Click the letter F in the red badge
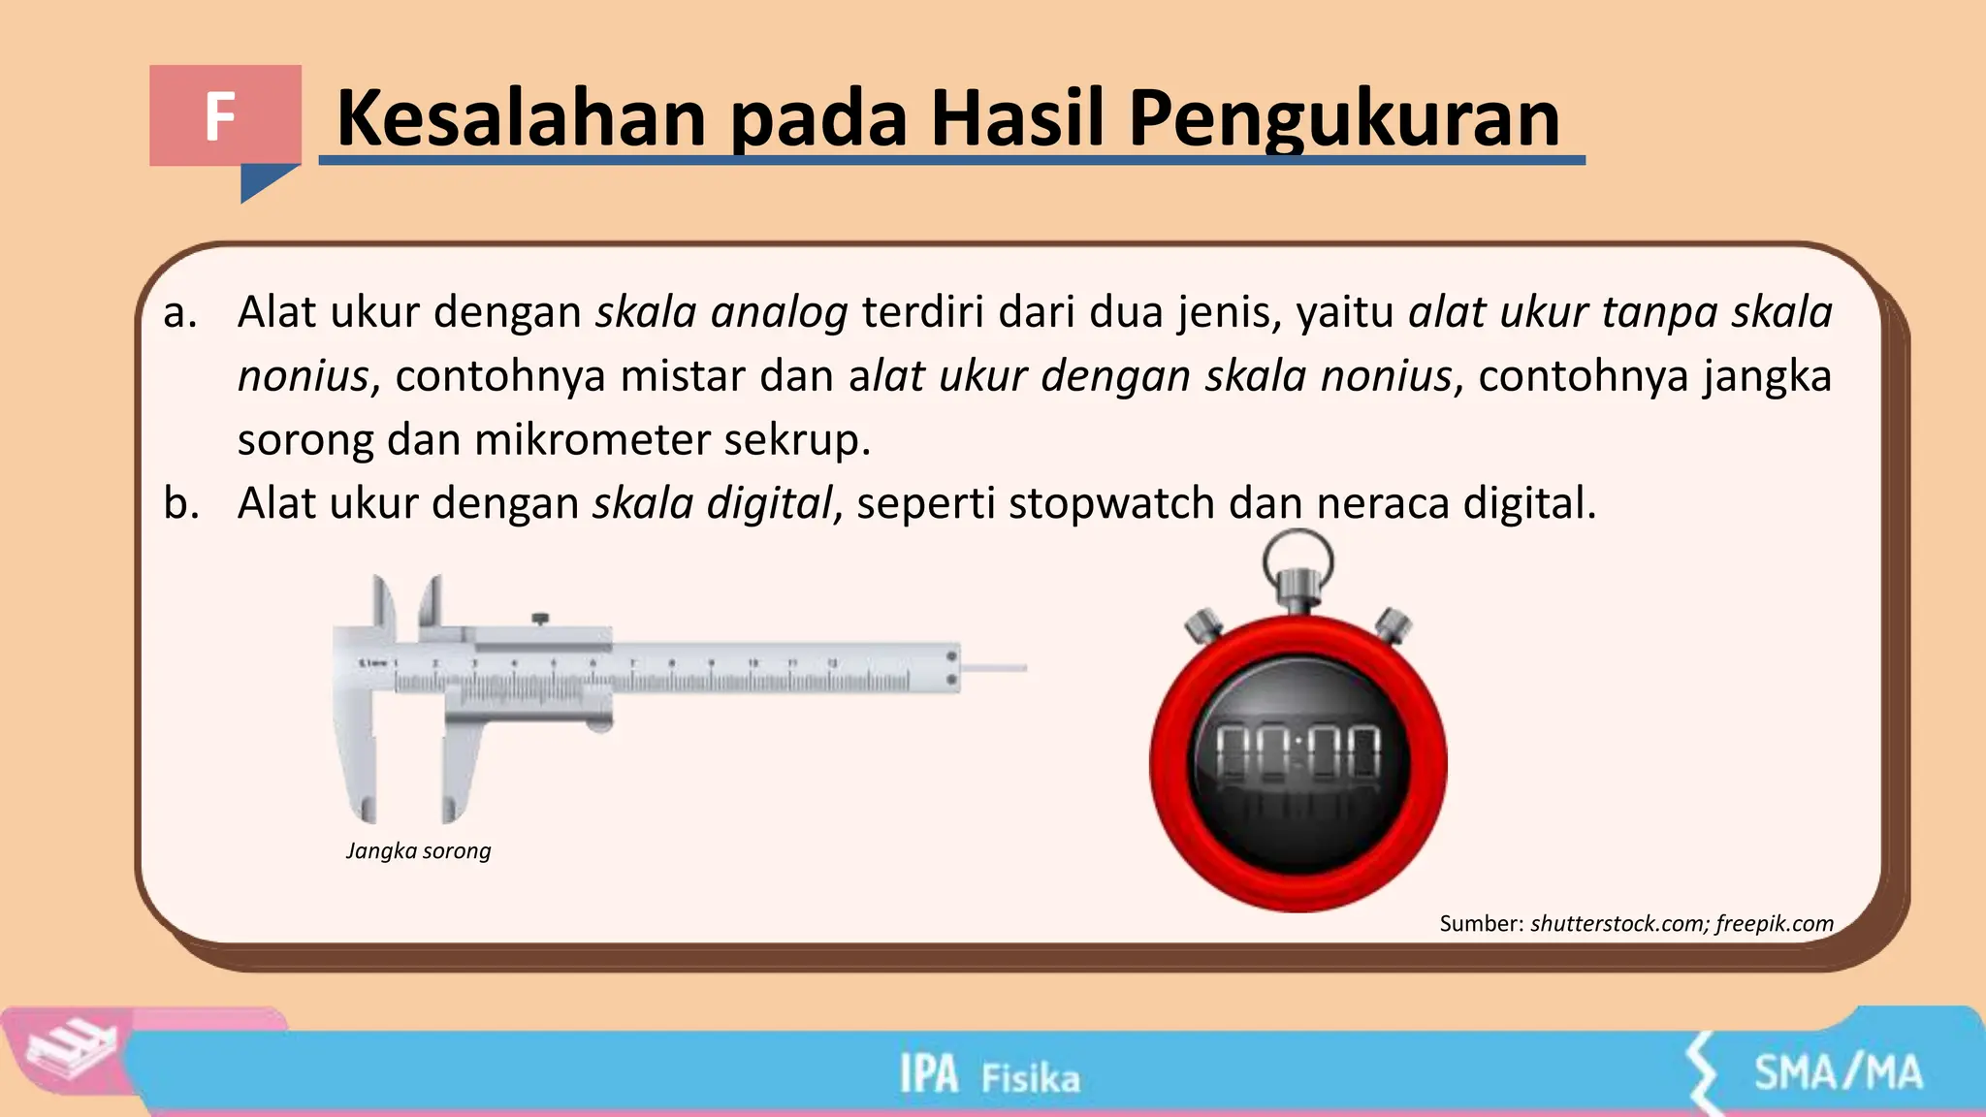(221, 117)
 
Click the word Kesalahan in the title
(521, 118)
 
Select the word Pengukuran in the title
(1344, 118)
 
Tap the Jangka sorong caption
(418, 850)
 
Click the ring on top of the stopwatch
(1297, 557)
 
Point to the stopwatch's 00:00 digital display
(1298, 753)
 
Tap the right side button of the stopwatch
(1393, 624)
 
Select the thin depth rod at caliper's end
(995, 667)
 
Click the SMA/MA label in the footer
(1838, 1073)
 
